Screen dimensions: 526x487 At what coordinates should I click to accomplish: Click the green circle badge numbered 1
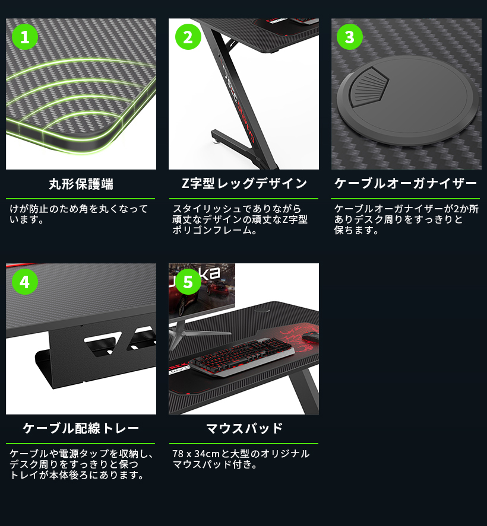click(25, 37)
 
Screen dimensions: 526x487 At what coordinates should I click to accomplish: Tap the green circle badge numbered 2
click(188, 37)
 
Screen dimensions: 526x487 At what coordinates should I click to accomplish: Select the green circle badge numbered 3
click(350, 37)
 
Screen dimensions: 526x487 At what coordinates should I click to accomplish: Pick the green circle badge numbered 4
click(25, 282)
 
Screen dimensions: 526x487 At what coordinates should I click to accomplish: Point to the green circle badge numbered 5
click(188, 282)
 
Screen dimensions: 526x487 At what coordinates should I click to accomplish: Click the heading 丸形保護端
click(81, 184)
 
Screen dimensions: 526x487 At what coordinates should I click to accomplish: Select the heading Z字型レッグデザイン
click(243, 184)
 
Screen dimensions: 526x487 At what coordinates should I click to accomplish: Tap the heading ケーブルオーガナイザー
click(406, 184)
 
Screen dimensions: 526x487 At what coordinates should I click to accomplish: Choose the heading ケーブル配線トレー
click(81, 428)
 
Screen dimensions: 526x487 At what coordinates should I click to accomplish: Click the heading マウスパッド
click(243, 428)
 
